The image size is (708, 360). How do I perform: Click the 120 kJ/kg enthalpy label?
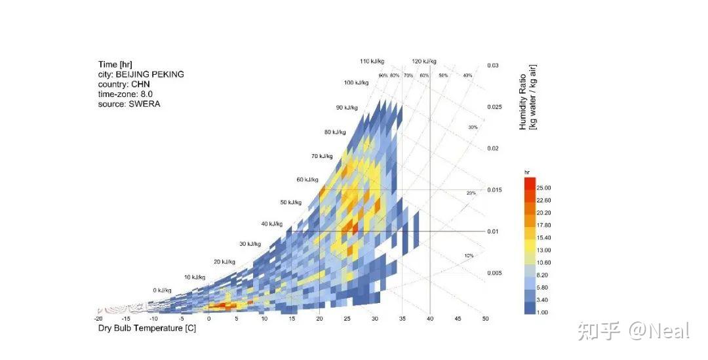point(423,61)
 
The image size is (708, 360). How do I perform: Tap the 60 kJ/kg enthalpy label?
point(309,179)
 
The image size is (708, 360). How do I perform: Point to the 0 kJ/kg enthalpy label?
point(162,290)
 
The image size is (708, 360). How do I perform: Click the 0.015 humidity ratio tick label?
point(494,190)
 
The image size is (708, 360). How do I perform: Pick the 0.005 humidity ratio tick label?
point(494,273)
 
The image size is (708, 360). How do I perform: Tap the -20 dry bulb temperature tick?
point(98,319)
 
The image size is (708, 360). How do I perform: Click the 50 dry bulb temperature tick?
point(485,319)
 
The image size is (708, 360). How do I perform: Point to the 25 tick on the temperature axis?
point(347,319)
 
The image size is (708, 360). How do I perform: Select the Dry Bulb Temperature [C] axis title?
point(147,328)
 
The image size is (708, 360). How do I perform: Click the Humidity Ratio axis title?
point(528,97)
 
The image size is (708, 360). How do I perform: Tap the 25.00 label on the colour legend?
point(543,188)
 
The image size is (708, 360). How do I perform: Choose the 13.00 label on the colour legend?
point(543,250)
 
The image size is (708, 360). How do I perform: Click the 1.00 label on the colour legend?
point(542,312)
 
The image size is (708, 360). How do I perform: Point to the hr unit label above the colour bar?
point(527,172)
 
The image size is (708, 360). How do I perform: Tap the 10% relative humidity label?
point(468,255)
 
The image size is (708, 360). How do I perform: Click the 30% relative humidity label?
point(473,127)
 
